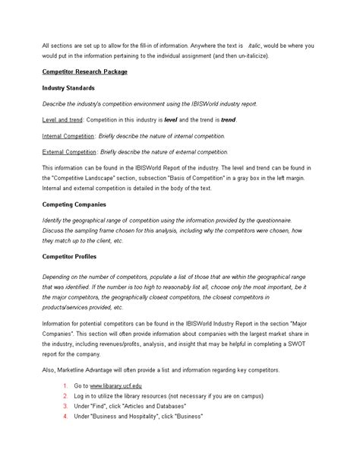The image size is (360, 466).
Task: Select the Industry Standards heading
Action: [x=68, y=87]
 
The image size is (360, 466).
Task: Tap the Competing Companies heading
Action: [x=74, y=204]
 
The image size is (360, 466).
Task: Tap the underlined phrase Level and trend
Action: [x=63, y=119]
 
